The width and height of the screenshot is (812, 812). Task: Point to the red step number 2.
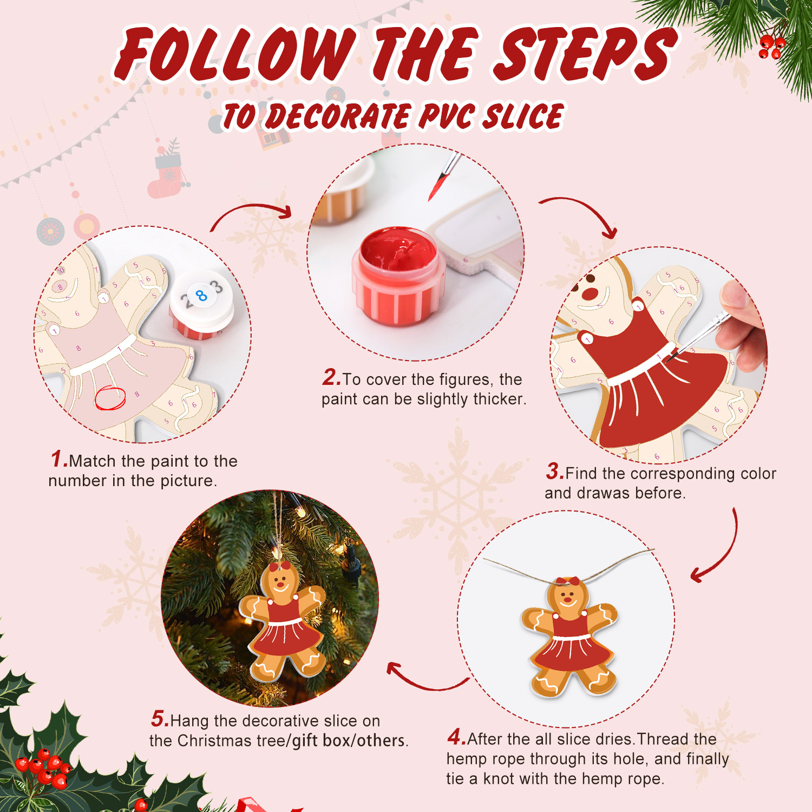(x=331, y=377)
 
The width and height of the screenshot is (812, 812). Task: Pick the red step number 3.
(x=555, y=472)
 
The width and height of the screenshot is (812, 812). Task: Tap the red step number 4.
(x=456, y=737)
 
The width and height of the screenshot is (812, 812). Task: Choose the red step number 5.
(x=160, y=719)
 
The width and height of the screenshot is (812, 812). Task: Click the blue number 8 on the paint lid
(x=201, y=296)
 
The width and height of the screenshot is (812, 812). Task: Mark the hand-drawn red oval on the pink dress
(x=110, y=398)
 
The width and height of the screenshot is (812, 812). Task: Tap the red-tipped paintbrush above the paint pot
(x=442, y=176)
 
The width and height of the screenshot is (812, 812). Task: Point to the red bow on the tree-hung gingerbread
(x=280, y=566)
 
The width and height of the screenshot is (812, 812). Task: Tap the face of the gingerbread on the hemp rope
(x=568, y=598)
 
